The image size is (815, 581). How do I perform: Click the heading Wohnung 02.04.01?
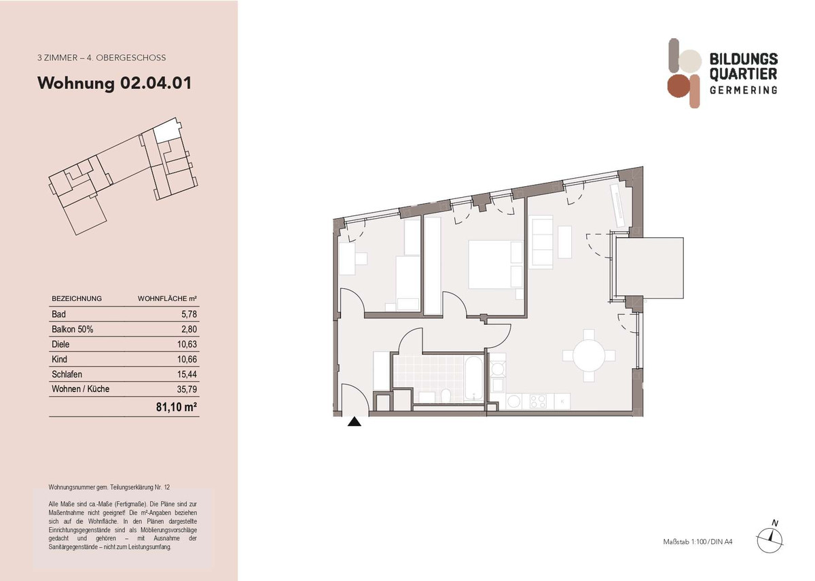114,84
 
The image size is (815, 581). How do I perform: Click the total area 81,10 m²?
179,407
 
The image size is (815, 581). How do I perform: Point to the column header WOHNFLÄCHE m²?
167,298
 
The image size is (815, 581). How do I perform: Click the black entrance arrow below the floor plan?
354,422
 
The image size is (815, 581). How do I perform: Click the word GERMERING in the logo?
743,90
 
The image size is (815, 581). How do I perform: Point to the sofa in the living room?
542,242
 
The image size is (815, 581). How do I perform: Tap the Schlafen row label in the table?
67,374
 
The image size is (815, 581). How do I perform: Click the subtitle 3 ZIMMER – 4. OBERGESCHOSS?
102,58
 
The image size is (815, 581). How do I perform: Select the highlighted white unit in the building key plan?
164,133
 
